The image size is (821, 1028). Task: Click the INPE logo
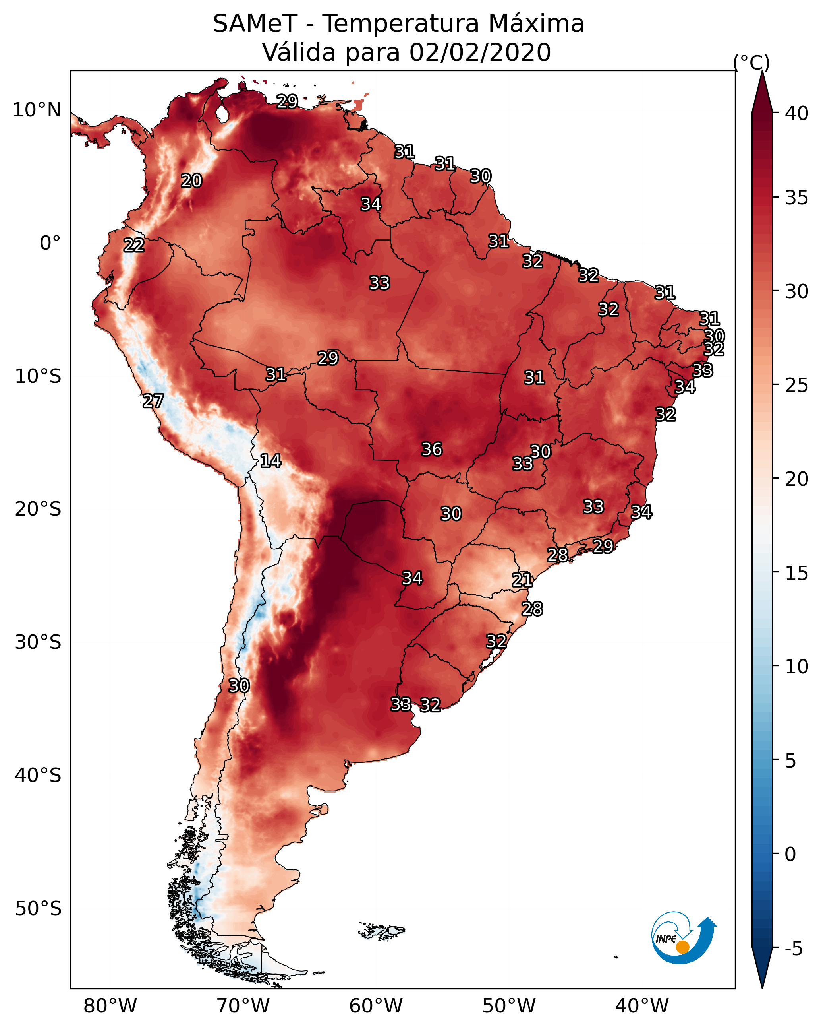[683, 937]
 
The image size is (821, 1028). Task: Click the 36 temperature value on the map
[432, 449]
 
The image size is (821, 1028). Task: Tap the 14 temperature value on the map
[270, 461]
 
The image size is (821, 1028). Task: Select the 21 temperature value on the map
[522, 580]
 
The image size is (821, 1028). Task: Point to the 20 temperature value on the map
[191, 181]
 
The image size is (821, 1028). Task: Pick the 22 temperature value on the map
[134, 246]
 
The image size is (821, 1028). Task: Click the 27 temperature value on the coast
[153, 401]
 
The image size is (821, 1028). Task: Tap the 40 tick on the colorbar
[796, 113]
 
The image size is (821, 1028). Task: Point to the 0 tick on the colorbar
[790, 854]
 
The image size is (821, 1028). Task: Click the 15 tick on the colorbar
[796, 573]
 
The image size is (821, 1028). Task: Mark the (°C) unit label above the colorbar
[751, 62]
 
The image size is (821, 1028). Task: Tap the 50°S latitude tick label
[38, 908]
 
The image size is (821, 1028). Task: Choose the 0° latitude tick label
[50, 243]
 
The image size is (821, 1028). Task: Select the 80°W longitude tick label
[110, 1006]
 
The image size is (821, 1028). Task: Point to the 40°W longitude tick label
[642, 1006]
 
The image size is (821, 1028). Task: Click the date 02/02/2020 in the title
[480, 52]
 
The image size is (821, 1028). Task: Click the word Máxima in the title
[536, 24]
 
